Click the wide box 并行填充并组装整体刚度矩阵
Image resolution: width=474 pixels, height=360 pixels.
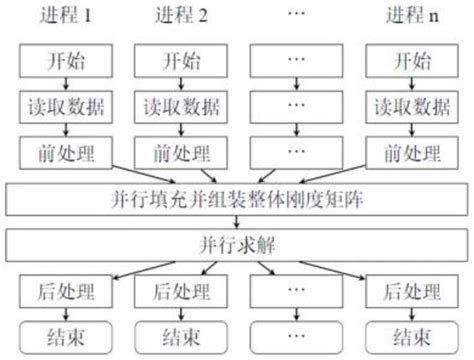pyautogui.click(x=237, y=198)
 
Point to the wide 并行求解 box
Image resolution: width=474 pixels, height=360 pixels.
pyautogui.click(x=237, y=244)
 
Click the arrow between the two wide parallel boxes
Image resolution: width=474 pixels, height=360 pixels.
pyautogui.click(x=237, y=221)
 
